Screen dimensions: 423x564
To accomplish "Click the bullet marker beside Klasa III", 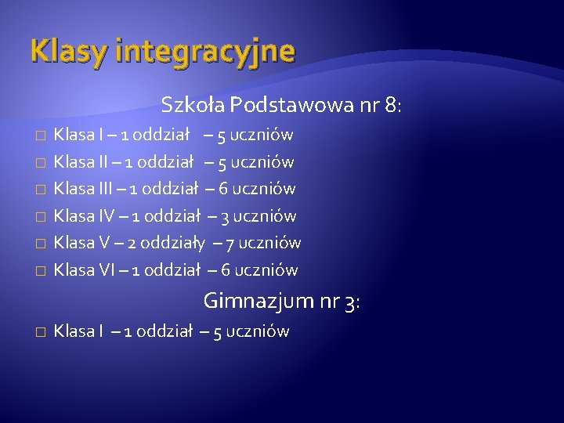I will pyautogui.click(x=40, y=190).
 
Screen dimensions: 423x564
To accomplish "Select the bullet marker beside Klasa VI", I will pyautogui.click(x=40, y=271).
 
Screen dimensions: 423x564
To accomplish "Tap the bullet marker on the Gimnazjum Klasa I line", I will pyautogui.click(x=40, y=332).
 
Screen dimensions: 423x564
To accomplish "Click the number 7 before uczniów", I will pyautogui.click(x=230, y=244).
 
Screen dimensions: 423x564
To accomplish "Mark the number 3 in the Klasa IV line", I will pyautogui.click(x=224, y=216).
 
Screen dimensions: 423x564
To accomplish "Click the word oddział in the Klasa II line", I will pyautogui.click(x=165, y=162).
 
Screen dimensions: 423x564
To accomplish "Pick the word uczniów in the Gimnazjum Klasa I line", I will pyautogui.click(x=260, y=332).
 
